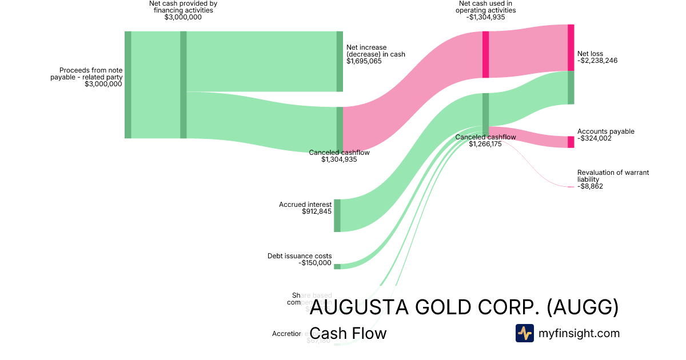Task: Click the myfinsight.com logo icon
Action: point(524,333)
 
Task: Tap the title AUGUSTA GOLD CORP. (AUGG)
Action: point(464,308)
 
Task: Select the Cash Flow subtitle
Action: point(348,333)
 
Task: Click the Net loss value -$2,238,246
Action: point(597,61)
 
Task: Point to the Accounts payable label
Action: point(605,131)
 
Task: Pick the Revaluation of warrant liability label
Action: point(613,175)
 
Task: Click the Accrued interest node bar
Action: point(337,215)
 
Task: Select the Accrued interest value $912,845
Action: point(317,211)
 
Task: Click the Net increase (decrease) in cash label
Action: point(376,51)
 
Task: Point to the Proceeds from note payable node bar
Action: point(128,85)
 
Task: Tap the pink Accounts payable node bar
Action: point(571,142)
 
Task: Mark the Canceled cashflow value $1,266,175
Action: point(485,144)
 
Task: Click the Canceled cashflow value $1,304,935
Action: point(339,159)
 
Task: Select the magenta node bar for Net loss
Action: point(571,47)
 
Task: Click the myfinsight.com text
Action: point(579,333)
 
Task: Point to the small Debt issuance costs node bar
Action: point(337,266)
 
